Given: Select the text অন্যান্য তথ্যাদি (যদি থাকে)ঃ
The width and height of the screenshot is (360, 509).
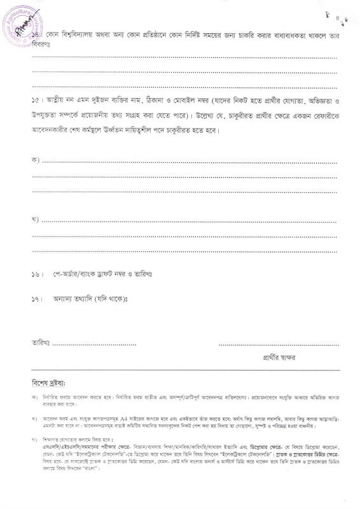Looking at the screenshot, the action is (x=92, y=298).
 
